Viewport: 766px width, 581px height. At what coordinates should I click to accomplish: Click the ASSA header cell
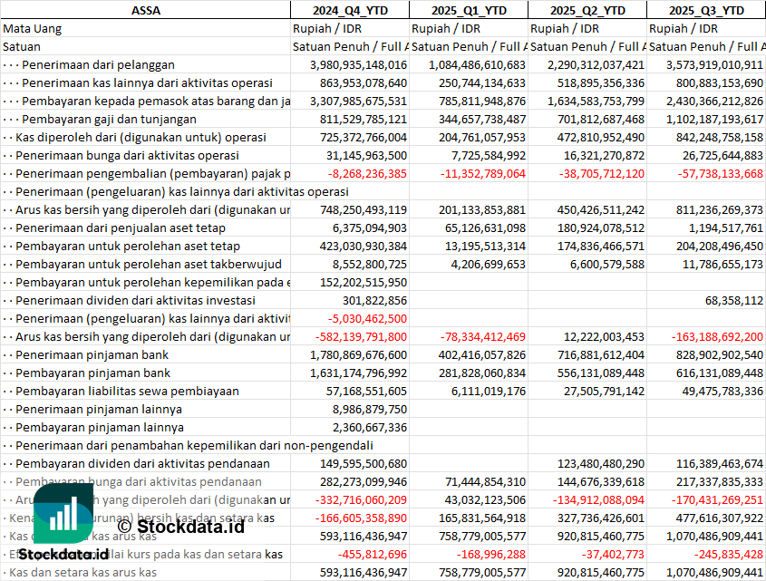(145, 10)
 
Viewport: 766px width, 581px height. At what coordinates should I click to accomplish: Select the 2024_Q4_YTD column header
(349, 10)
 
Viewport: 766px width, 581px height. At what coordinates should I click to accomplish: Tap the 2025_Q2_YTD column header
(587, 10)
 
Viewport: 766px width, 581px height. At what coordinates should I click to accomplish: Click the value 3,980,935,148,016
(358, 64)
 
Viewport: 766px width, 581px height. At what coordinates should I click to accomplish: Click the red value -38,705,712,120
(588, 173)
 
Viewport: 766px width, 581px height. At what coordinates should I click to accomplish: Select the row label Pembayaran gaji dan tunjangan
(109, 119)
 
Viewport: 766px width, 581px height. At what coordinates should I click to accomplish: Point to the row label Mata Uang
(32, 28)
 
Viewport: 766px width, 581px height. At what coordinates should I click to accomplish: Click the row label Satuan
(22, 46)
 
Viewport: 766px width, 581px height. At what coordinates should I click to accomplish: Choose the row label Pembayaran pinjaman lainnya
(100, 427)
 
